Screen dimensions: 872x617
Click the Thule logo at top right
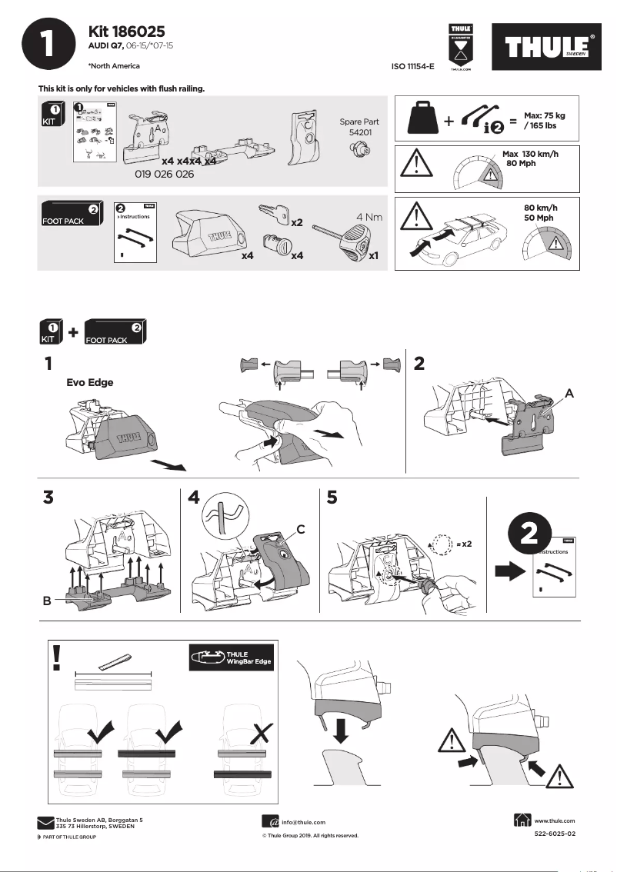pyautogui.click(x=551, y=48)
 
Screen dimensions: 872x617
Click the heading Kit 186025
pyautogui.click(x=127, y=31)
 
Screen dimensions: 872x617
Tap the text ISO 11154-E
pyautogui.click(x=413, y=67)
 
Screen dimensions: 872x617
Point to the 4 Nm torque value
pyautogui.click(x=369, y=218)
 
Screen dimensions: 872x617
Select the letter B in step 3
pyautogui.click(x=48, y=602)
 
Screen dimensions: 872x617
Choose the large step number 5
pyautogui.click(x=332, y=498)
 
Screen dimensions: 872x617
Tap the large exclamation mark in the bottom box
pyautogui.click(x=57, y=657)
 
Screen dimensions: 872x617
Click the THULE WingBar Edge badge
pyautogui.click(x=231, y=657)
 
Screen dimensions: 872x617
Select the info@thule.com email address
pyautogui.click(x=303, y=822)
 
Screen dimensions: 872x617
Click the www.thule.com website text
pyautogui.click(x=554, y=820)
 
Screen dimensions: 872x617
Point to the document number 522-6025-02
pyautogui.click(x=554, y=834)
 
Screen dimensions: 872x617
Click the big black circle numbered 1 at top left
pyautogui.click(x=48, y=45)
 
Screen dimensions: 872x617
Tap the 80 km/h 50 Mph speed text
pyautogui.click(x=539, y=213)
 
